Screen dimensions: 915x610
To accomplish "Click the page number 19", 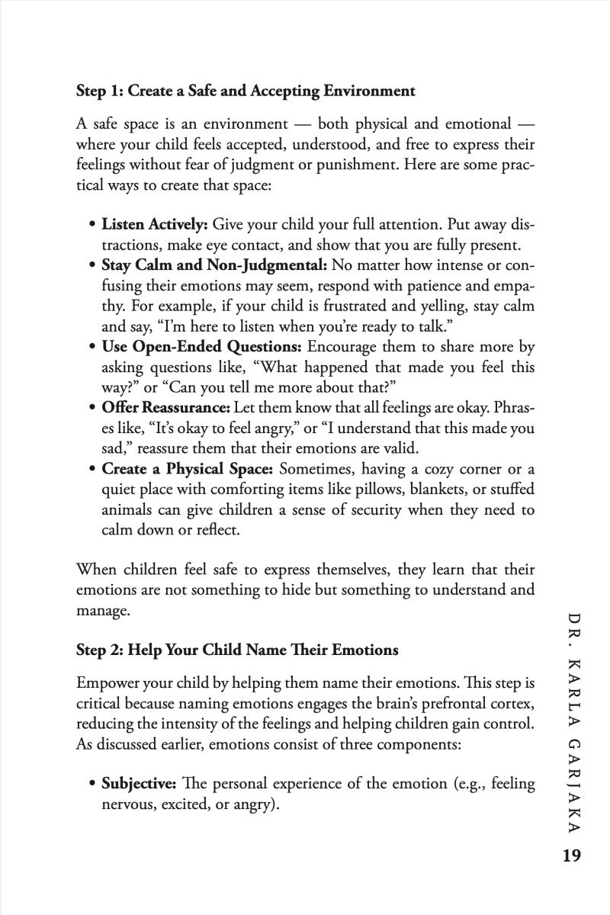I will pos(569,855).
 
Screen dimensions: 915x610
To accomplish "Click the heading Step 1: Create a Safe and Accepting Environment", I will pos(246,91).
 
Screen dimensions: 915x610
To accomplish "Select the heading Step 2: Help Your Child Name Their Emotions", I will pos(237,650).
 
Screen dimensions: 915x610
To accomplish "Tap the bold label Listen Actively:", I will pos(155,226).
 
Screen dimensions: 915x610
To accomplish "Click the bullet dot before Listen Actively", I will pos(93,226).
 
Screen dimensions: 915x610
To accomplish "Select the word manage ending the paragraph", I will pos(100,612).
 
